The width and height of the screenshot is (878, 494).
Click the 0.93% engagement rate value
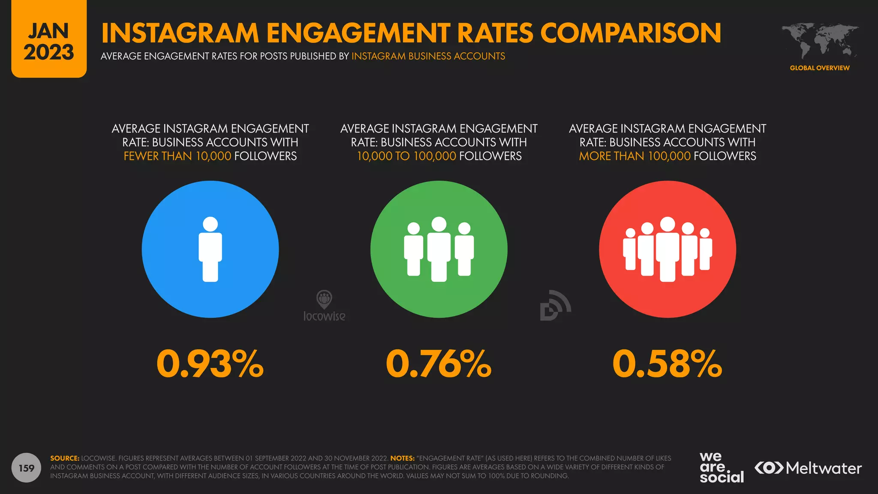[210, 364]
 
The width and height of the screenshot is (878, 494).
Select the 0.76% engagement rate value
[439, 364]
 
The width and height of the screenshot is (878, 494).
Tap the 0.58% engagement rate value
[667, 364]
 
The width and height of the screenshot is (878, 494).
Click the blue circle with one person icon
[210, 249]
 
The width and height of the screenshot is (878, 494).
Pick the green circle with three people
[439, 249]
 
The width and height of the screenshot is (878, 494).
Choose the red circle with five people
[667, 249]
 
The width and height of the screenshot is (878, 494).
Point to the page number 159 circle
[27, 468]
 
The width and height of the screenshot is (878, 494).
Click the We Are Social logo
[722, 468]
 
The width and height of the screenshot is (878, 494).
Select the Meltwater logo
[808, 468]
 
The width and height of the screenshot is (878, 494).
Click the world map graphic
[819, 41]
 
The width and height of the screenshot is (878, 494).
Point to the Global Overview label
[819, 68]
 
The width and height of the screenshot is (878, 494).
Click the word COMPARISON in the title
[631, 33]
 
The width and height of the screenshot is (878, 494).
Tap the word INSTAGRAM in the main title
[180, 33]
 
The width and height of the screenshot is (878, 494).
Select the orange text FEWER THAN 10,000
[177, 156]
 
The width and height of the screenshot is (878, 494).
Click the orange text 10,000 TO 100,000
[406, 156]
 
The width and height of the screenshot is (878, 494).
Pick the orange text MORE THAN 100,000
[634, 156]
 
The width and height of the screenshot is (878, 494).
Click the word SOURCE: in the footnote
[65, 458]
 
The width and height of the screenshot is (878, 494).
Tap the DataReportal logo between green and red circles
[555, 306]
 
